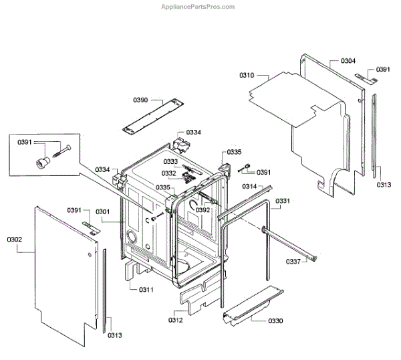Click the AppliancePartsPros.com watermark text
pyautogui.click(x=198, y=7)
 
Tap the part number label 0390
pyautogui.click(x=140, y=100)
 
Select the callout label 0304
pyautogui.click(x=348, y=61)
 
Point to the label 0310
pyautogui.click(x=247, y=76)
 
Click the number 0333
pyautogui.click(x=170, y=162)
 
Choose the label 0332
pyautogui.click(x=168, y=173)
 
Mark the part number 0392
pyautogui.click(x=203, y=209)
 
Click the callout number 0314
pyautogui.click(x=249, y=186)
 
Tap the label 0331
pyautogui.click(x=283, y=201)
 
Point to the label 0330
pyautogui.click(x=275, y=321)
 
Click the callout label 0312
pyautogui.click(x=176, y=320)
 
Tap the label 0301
pyautogui.click(x=102, y=211)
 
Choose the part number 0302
pyautogui.click(x=15, y=239)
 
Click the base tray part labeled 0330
pyautogui.click(x=251, y=304)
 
